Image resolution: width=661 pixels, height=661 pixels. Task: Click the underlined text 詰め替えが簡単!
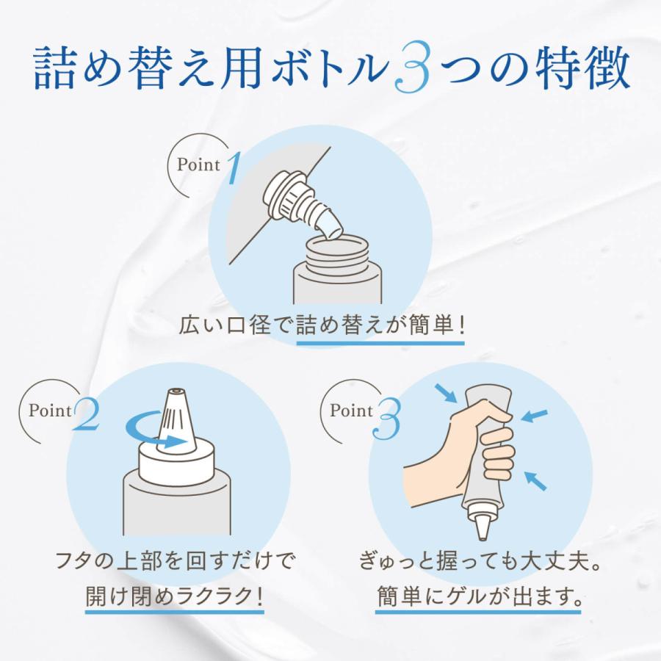(380, 325)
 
